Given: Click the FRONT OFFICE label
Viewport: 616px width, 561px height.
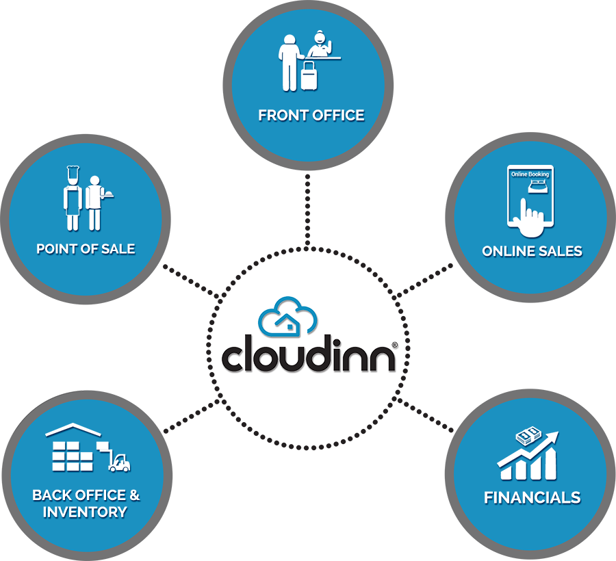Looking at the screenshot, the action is (x=311, y=116).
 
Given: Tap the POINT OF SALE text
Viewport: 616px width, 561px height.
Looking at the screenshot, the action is (x=86, y=249).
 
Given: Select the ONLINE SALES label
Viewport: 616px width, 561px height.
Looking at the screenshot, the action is (x=532, y=251).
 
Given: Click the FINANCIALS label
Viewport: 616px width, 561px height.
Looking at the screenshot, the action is (x=532, y=497).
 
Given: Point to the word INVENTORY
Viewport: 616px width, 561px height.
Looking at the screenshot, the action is (x=85, y=512).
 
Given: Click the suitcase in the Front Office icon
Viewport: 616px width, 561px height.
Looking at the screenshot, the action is (x=309, y=76).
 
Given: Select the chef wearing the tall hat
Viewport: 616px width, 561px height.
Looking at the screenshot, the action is (x=73, y=198).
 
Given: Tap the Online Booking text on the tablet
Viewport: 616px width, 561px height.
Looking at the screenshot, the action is (x=530, y=174).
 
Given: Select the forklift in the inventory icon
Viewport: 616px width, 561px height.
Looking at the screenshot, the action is (x=118, y=462).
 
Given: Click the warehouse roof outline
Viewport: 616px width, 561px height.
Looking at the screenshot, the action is (x=73, y=430).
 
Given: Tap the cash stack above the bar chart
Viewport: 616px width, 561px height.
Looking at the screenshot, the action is (x=528, y=436).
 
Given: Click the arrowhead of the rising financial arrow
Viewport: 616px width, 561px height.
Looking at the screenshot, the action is (x=552, y=436).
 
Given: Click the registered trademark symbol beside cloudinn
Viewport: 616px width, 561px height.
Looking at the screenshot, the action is (x=395, y=345).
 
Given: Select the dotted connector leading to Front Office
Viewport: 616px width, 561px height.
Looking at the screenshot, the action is (x=307, y=211).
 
